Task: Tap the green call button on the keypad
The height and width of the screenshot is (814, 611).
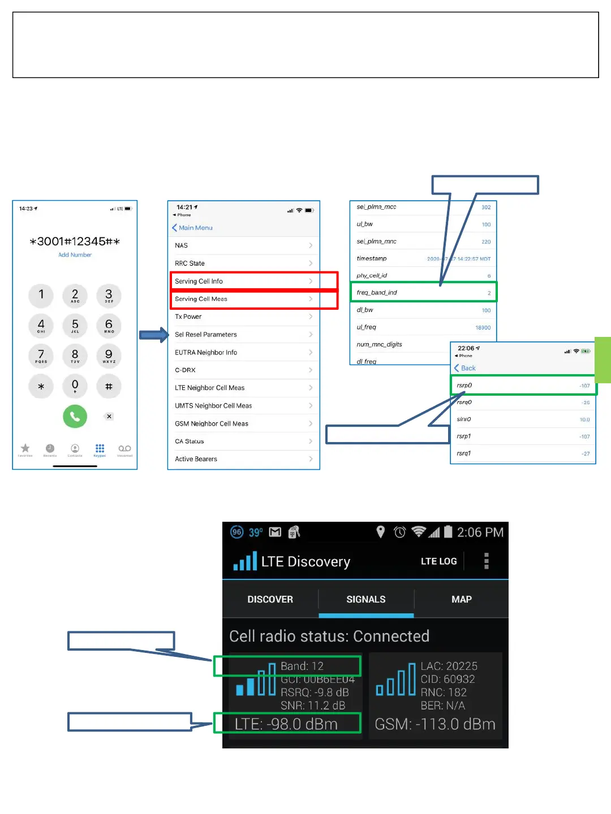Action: (75, 417)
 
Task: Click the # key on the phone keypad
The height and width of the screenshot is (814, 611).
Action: (109, 387)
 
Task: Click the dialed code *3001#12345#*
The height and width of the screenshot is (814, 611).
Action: (75, 241)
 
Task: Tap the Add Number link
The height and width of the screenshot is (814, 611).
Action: (75, 255)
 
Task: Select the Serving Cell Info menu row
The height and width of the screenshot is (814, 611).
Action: (199, 281)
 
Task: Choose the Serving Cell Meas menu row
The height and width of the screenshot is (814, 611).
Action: (201, 299)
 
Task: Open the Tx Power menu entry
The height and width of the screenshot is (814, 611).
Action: (188, 317)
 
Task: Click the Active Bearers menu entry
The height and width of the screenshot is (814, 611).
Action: (196, 459)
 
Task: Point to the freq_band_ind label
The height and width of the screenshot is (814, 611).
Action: (377, 292)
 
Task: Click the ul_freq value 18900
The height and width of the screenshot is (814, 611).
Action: (483, 328)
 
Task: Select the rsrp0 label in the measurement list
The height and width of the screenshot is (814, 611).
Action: (464, 386)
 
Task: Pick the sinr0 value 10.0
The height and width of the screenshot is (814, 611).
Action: (584, 419)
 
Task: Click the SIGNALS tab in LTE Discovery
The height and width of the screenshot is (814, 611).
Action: (366, 599)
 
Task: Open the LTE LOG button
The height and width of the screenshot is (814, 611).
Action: (438, 561)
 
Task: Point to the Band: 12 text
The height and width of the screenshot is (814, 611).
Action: (302, 666)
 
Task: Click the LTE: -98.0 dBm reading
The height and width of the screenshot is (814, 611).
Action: (286, 724)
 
